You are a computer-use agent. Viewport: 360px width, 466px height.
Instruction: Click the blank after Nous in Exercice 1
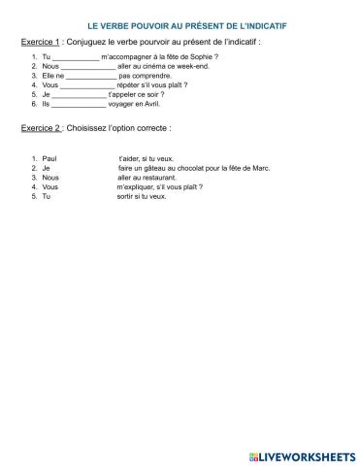[x=87, y=67]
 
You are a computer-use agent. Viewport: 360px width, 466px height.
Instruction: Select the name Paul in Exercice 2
[x=50, y=156]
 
